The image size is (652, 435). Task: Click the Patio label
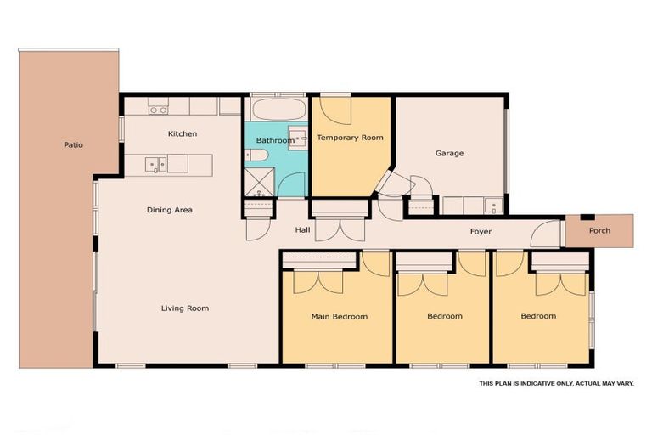coord(74,144)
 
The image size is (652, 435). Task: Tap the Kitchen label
coord(183,133)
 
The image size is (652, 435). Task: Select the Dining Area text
coord(170,210)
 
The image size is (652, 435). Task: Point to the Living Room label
coord(185,308)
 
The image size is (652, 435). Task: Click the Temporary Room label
coord(350,137)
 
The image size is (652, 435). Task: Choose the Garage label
coord(449,154)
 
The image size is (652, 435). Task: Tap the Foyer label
coord(481,232)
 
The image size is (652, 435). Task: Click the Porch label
coord(599,230)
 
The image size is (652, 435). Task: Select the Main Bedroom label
coord(340,317)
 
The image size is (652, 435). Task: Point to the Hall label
coord(303,230)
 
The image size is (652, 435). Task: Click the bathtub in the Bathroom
coord(277,110)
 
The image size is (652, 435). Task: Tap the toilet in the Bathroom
coord(257,155)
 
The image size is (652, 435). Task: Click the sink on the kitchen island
coord(155,163)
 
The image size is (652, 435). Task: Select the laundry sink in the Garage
coord(493,206)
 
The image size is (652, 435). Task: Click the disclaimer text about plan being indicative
coord(556,383)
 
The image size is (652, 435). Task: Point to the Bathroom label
coord(275,140)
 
